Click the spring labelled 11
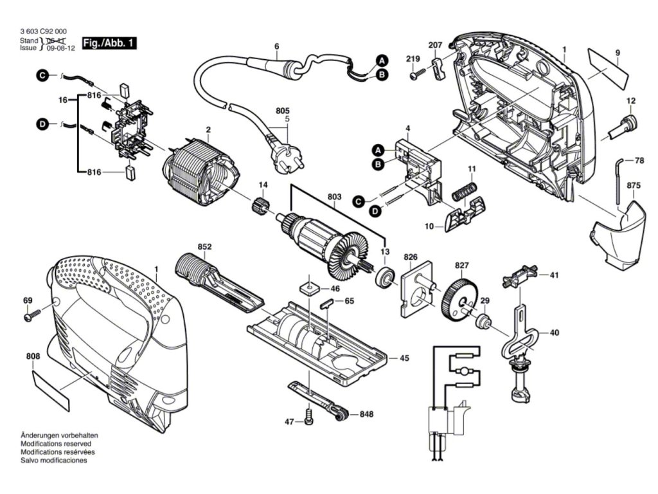click(466, 190)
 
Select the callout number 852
click(205, 247)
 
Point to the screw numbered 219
click(415, 75)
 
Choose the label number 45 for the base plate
click(404, 358)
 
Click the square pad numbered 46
click(308, 286)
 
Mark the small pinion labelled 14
click(260, 206)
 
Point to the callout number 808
click(33, 356)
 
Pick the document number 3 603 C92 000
click(44, 32)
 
